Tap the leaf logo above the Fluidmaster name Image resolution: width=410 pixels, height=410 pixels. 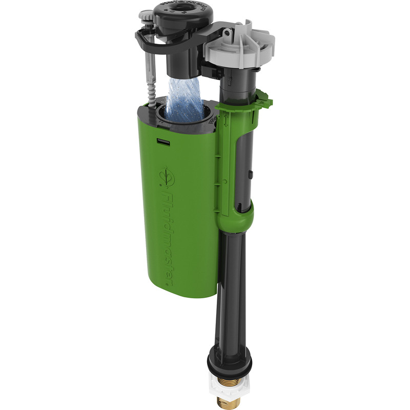pos(168,176)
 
